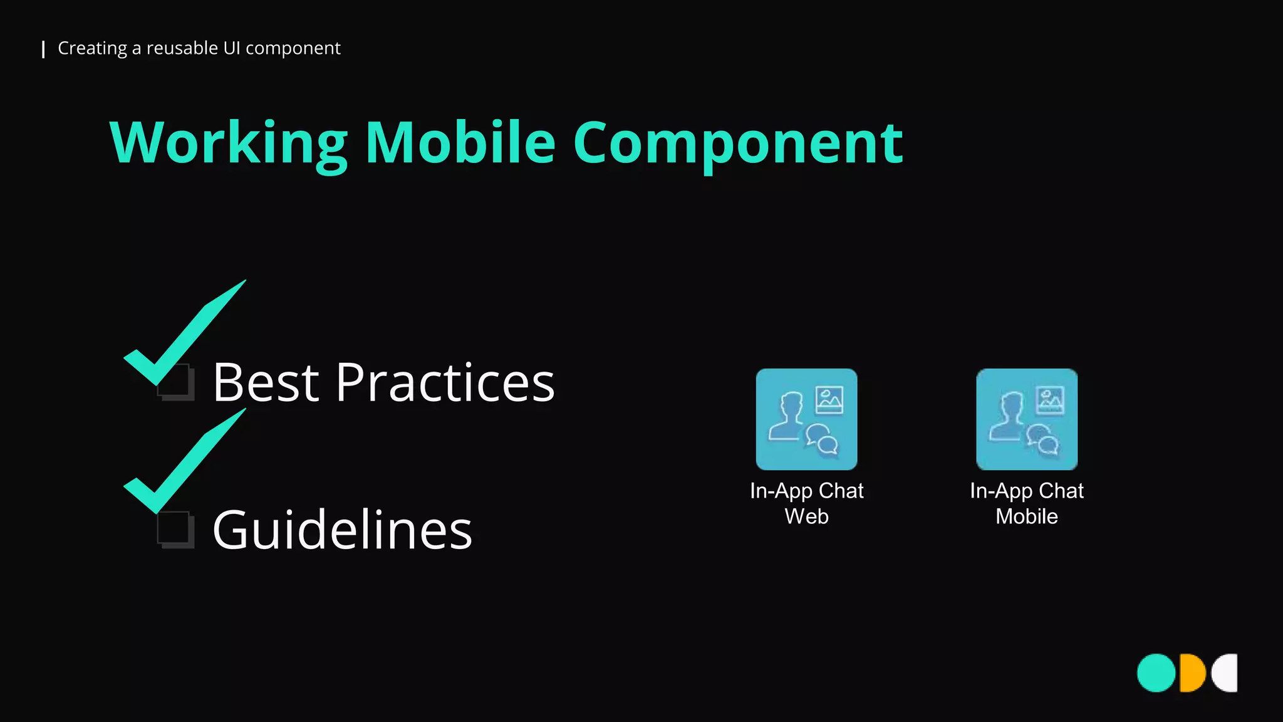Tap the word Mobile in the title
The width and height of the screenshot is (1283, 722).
(460, 143)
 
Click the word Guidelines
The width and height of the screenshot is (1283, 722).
(342, 530)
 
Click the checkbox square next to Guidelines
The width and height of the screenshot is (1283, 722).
(175, 530)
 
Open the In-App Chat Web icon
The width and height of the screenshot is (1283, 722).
(806, 419)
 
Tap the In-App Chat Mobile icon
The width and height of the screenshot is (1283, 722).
(1027, 419)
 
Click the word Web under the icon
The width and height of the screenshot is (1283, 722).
(806, 516)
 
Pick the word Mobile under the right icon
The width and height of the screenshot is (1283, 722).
(1027, 516)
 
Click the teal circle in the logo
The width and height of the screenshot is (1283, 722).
(1156, 673)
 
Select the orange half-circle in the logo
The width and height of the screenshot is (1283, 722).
(1191, 673)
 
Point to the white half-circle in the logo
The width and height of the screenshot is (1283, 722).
(1227, 673)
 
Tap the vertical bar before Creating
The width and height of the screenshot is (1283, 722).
(43, 49)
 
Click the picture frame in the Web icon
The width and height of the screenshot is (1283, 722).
(829, 400)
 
